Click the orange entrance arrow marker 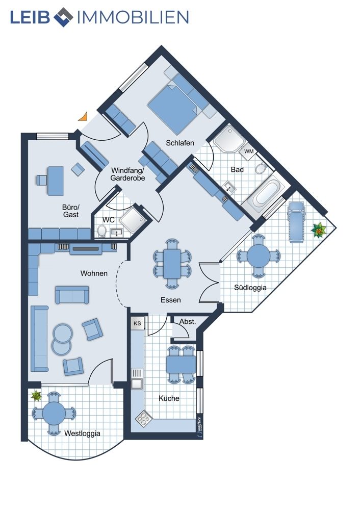(x=84, y=117)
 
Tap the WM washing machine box (x=249, y=151)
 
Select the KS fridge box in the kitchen (x=137, y=324)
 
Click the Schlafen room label (x=180, y=142)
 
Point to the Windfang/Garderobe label (x=127, y=174)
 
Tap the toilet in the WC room (x=102, y=231)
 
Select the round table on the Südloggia (x=259, y=256)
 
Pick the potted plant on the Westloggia (x=36, y=396)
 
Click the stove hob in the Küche (x=143, y=418)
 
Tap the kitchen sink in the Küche (x=137, y=378)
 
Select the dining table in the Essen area (x=172, y=264)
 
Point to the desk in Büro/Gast (x=55, y=181)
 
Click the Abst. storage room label (x=188, y=322)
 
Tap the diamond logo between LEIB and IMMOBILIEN (x=63, y=17)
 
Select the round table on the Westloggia (x=54, y=414)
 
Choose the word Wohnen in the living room (x=94, y=273)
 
